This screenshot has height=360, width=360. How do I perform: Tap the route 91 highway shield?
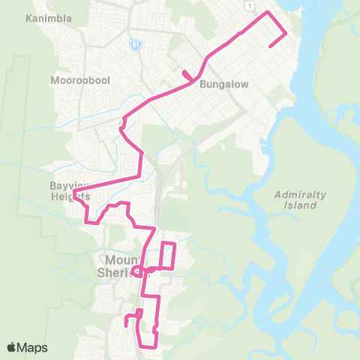pos(135,45)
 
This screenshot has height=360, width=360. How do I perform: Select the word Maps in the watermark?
pos(34,347)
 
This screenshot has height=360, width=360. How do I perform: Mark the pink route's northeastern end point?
pos(270,46)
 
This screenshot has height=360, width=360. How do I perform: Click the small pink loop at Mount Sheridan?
pos(137,271)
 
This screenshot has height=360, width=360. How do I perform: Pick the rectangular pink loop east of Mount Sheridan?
pos(168,255)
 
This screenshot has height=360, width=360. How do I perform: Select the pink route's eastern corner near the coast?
pos(286,33)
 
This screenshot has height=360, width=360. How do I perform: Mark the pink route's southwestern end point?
pos(125,326)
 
